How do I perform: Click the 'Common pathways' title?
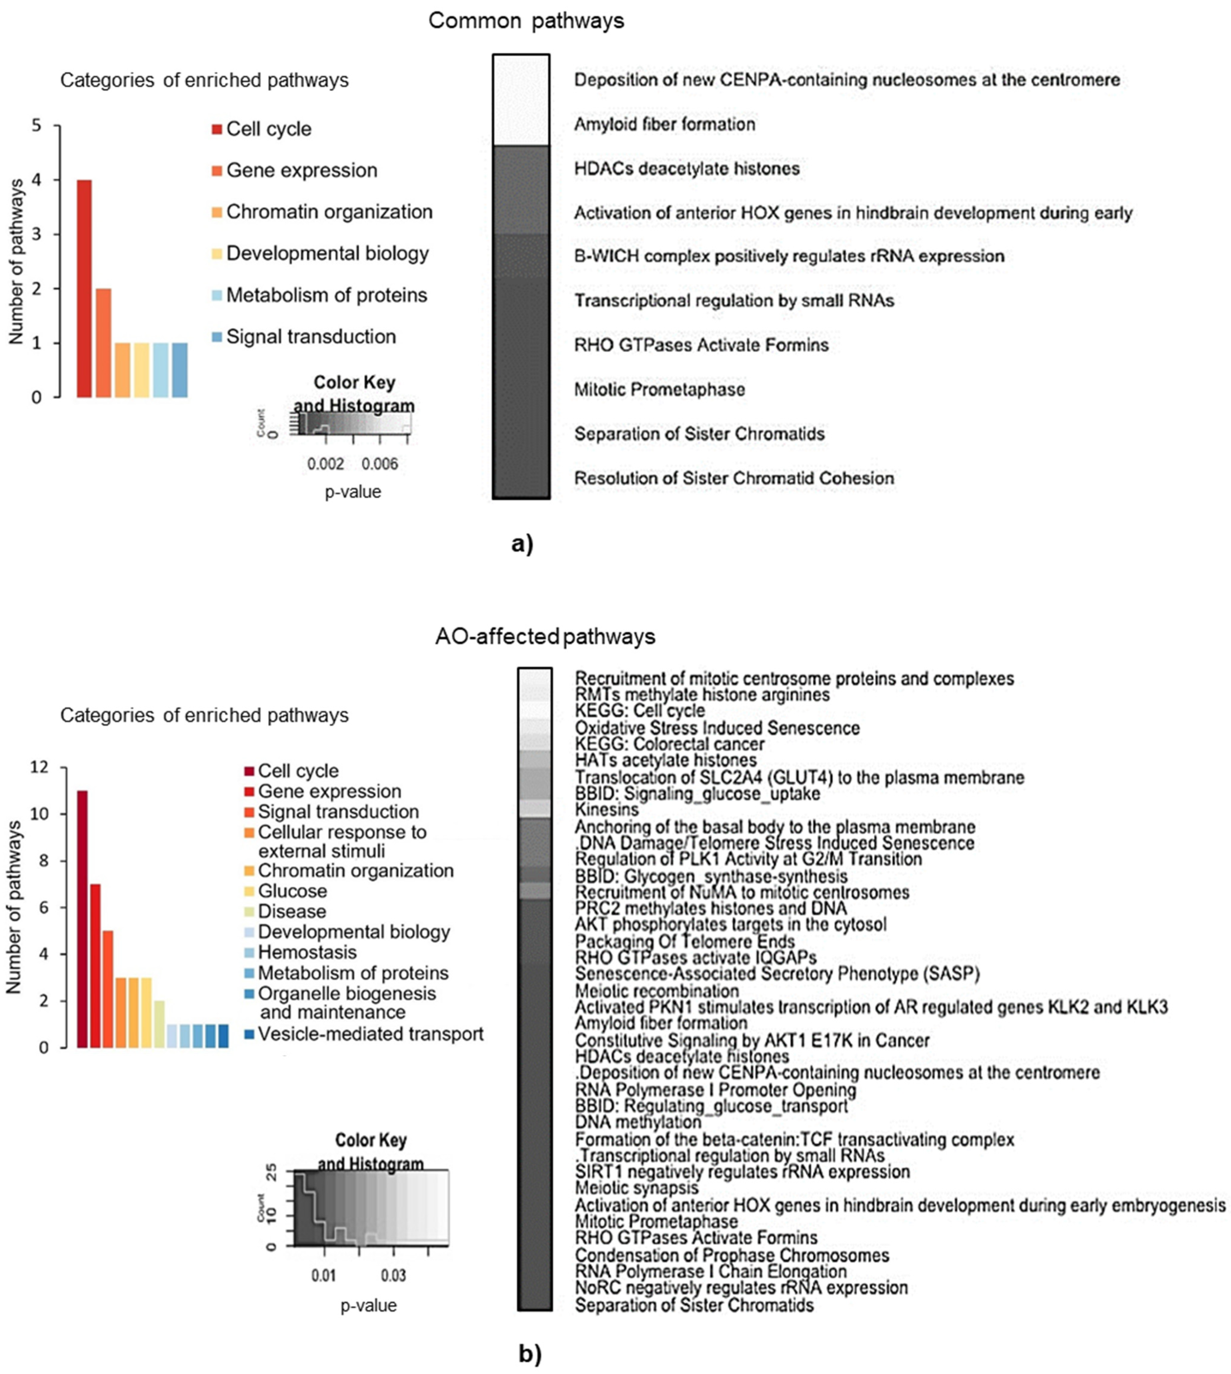point(526,21)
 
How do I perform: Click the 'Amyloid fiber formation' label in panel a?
point(664,124)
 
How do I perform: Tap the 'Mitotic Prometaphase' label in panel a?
point(660,389)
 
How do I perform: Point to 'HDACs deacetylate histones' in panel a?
point(687,168)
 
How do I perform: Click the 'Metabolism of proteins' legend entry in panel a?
point(326,296)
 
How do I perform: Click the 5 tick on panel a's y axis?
point(37,126)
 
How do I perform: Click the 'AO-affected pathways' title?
point(545,637)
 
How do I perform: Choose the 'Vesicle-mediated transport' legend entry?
point(370,1034)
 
